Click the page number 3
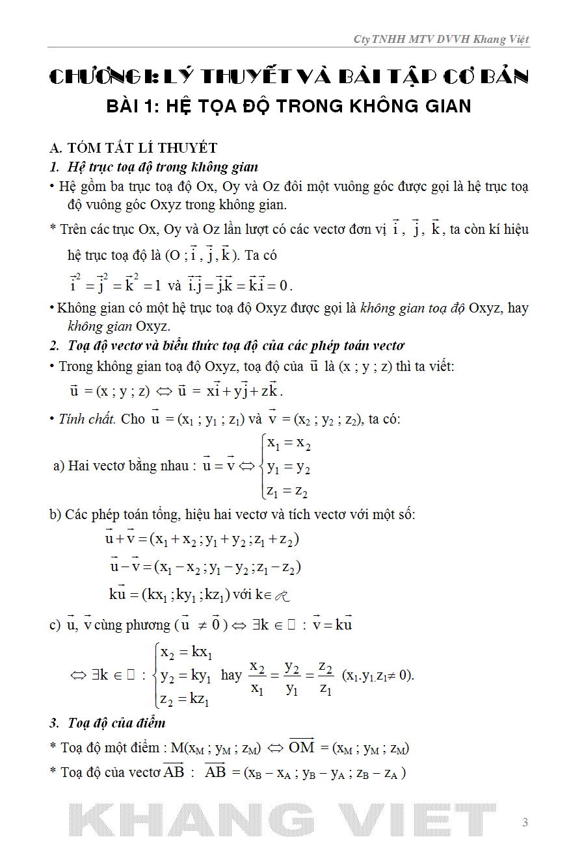pos(525,822)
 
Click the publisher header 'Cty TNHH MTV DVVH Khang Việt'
pos(441,40)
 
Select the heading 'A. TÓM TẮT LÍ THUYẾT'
pos(133,149)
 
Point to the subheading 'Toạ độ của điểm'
pos(116,722)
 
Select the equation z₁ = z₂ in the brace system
pos(287,490)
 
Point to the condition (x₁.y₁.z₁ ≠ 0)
pos(377,675)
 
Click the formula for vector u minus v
pos(205,567)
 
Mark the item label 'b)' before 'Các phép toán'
pos(56,515)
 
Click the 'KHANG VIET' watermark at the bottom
pos(284,820)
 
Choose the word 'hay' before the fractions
pos(232,675)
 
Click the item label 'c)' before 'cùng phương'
pos(55,625)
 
